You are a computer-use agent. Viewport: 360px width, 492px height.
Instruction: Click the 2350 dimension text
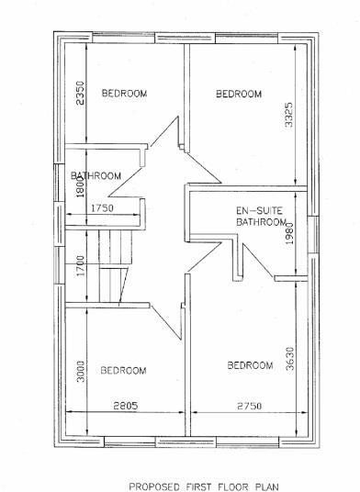pyautogui.click(x=80, y=94)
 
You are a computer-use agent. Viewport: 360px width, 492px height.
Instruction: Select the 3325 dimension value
pyautogui.click(x=290, y=116)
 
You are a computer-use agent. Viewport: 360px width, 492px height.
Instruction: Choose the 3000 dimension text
pyautogui.click(x=81, y=373)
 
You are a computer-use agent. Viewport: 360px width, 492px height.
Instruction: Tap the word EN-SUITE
pyautogui.click(x=248, y=210)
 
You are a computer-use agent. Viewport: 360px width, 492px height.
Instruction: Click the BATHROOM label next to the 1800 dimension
pyautogui.click(x=97, y=176)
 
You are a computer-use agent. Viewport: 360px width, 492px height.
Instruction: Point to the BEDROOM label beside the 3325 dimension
pyautogui.click(x=238, y=94)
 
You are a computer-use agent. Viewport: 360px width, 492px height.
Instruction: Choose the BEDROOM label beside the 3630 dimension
pyautogui.click(x=249, y=365)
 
